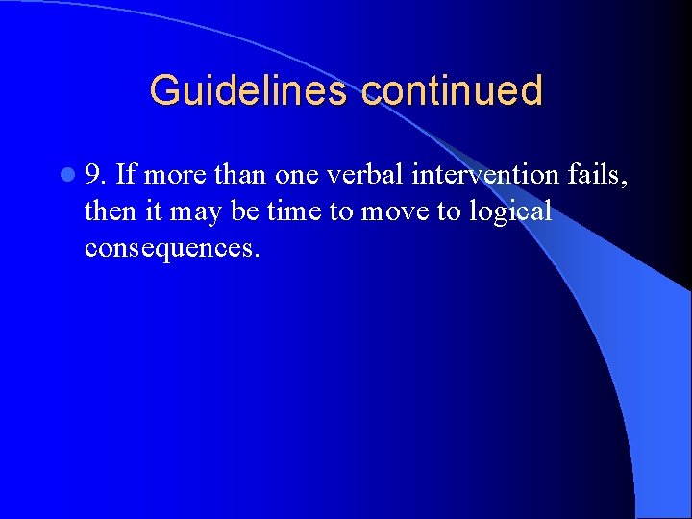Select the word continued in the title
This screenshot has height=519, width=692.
[x=452, y=91]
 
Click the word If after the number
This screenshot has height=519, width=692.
[x=126, y=175]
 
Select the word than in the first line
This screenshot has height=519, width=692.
[x=238, y=175]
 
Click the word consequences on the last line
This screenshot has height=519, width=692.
[x=172, y=248]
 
